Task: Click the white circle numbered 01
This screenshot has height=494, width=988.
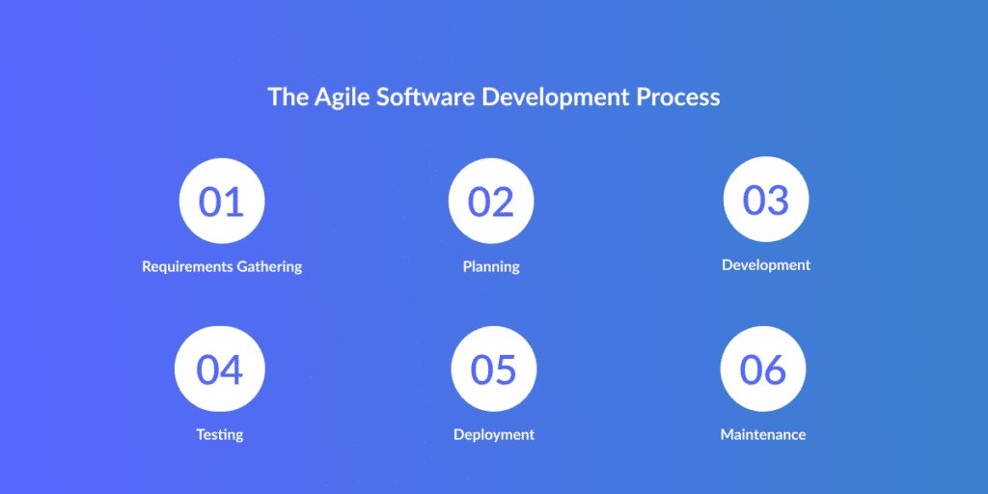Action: coord(222,201)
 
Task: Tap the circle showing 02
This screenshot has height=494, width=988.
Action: coord(491,201)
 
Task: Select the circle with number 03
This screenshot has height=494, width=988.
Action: coord(765,199)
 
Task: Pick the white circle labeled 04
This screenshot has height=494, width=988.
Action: coord(219,369)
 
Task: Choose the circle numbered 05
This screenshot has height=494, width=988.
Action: coord(494,369)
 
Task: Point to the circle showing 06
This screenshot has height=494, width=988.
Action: coord(763,369)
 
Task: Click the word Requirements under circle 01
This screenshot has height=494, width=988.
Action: coord(187,267)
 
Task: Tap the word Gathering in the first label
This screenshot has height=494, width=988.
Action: coord(270,267)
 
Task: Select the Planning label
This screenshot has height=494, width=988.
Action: coord(491,266)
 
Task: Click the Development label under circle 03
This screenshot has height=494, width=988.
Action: coord(766,265)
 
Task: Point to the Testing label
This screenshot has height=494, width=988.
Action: coord(219,435)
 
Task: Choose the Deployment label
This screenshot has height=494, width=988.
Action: coord(494,435)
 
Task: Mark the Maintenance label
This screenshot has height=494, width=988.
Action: coord(763,435)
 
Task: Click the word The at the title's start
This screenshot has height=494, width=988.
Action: coord(288,97)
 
